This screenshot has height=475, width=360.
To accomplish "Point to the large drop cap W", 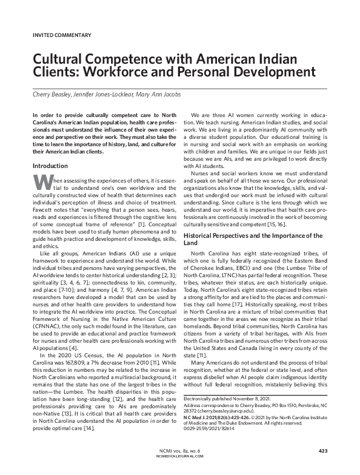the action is click(39, 181).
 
